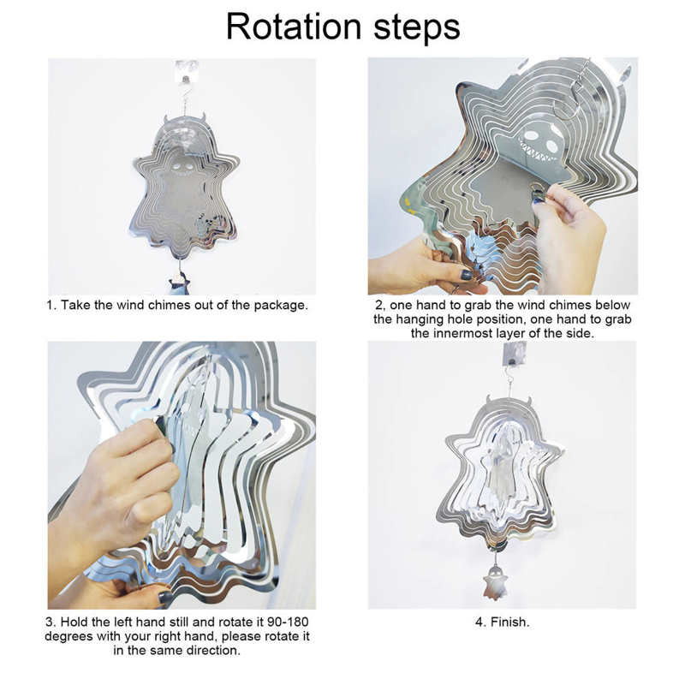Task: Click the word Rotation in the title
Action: pos(294,27)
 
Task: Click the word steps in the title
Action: pos(417,29)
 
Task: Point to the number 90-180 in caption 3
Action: pos(288,622)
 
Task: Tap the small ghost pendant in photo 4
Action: pos(495,583)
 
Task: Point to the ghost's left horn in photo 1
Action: pos(167,119)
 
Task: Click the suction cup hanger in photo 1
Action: pos(187,72)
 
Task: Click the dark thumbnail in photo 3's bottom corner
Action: pos(165,597)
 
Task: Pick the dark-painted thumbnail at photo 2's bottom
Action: pos(467,275)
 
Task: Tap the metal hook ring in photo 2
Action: pos(568,110)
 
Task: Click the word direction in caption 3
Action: pos(213,651)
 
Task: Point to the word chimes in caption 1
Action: pos(169,306)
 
